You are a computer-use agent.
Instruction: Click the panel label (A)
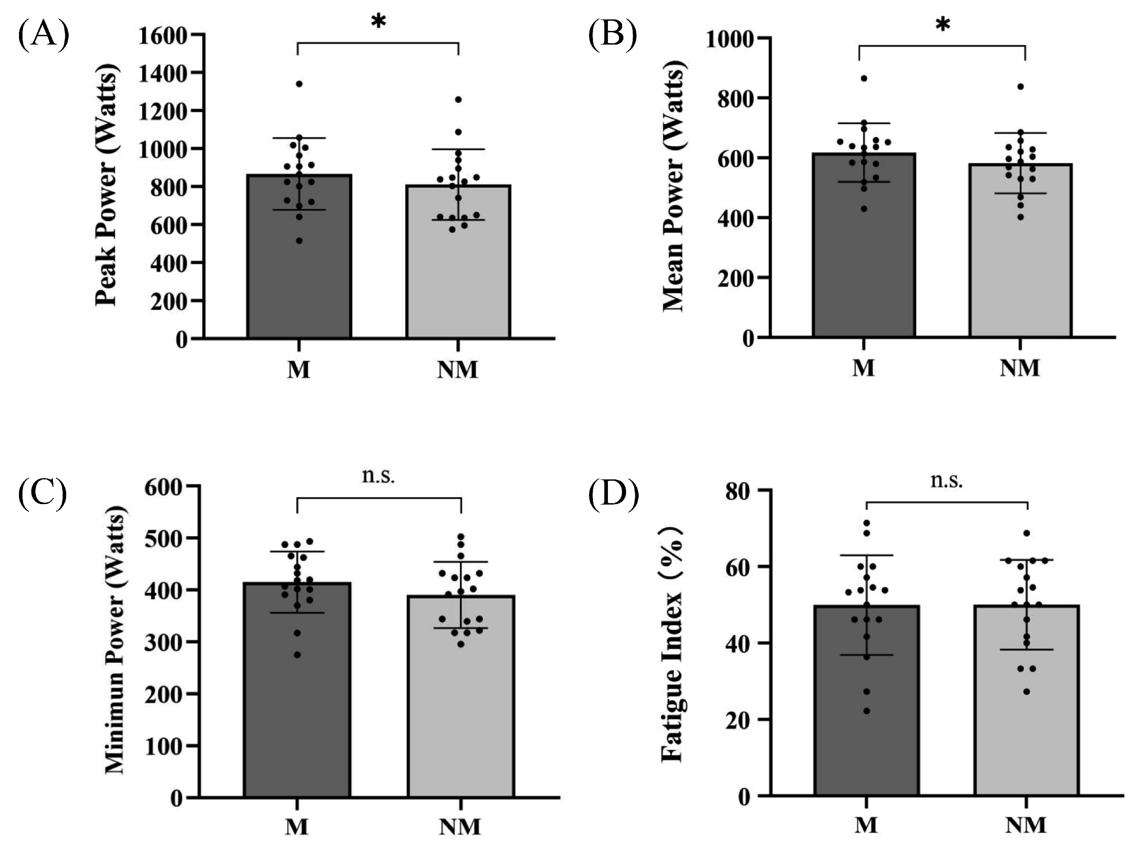click(44, 36)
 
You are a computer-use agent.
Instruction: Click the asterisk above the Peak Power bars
click(378, 22)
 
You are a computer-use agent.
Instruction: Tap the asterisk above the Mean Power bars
click(942, 25)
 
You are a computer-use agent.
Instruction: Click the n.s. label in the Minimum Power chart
click(379, 476)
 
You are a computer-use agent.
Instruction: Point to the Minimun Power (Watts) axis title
click(115, 639)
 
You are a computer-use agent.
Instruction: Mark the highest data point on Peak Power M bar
click(299, 84)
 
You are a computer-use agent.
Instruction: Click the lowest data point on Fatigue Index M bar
click(866, 711)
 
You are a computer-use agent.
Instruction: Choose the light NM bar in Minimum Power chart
click(461, 716)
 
